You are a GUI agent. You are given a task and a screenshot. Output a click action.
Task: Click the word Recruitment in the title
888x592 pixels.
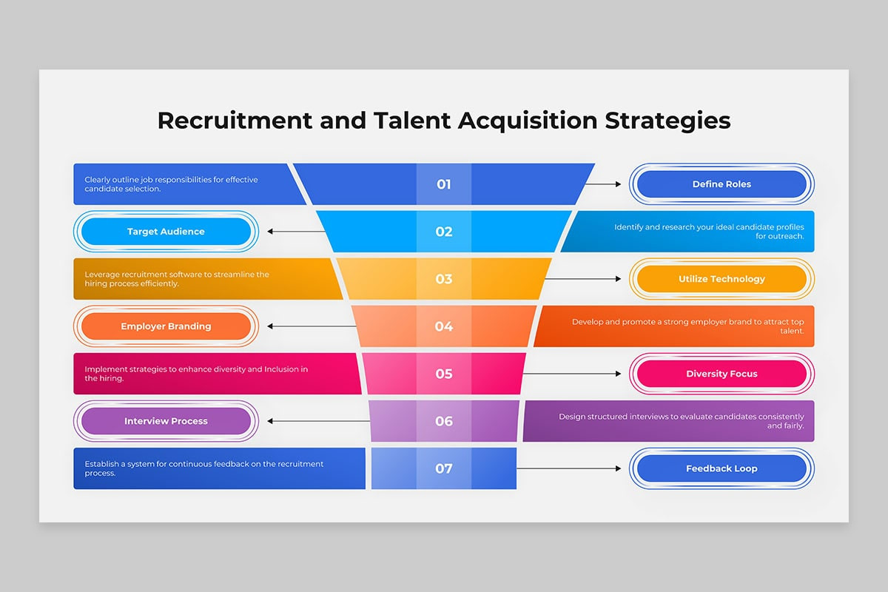tap(235, 120)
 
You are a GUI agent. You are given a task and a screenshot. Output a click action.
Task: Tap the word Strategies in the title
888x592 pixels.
tap(667, 121)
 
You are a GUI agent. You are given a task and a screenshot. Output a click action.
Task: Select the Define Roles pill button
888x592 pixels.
tap(721, 184)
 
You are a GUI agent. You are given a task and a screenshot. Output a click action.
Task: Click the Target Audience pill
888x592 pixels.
tap(166, 231)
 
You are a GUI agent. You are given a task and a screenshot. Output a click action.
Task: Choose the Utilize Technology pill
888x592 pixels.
tap(721, 279)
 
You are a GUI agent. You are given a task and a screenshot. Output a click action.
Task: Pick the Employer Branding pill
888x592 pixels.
tap(166, 326)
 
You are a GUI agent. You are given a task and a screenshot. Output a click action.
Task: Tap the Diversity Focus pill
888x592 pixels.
tap(721, 374)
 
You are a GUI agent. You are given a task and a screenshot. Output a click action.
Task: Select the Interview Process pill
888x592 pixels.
tap(166, 421)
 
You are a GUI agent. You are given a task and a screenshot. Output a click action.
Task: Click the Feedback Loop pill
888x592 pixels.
tap(721, 468)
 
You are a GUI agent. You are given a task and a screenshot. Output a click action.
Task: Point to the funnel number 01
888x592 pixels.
tap(443, 184)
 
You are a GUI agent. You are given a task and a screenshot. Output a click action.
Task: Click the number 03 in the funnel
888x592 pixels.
tap(443, 279)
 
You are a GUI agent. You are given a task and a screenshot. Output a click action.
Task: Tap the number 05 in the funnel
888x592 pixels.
tap(443, 374)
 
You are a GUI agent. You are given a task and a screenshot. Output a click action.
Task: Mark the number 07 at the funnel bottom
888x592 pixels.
tap(443, 468)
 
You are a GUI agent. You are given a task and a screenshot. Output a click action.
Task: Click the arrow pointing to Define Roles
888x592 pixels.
tap(603, 184)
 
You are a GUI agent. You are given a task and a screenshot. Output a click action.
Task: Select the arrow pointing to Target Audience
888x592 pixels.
tap(296, 231)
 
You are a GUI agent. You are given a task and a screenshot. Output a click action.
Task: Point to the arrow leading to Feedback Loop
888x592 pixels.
tap(569, 468)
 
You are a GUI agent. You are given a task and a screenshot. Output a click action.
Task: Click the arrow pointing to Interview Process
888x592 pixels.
tap(319, 421)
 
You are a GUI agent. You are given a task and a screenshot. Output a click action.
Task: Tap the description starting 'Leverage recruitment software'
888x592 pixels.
tap(177, 279)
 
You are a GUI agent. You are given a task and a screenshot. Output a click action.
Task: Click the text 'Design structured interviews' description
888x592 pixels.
tap(682, 421)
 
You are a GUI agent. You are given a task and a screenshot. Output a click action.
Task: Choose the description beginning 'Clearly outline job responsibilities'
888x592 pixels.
tap(171, 184)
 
